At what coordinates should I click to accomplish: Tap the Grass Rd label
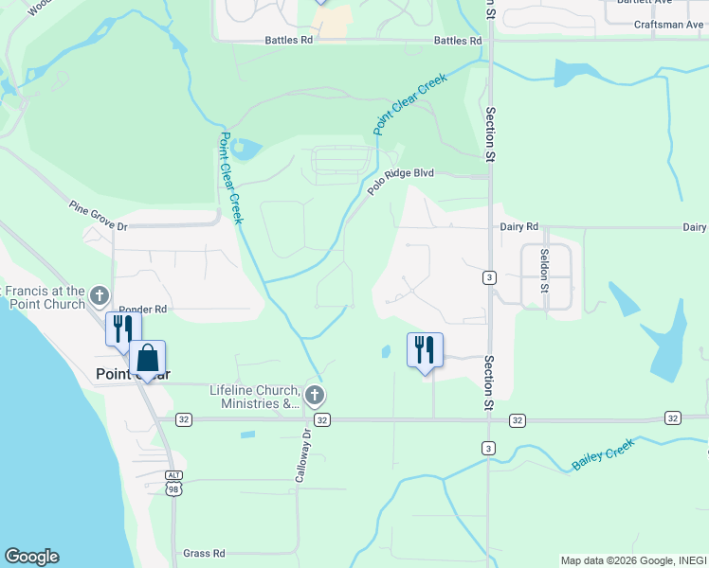coord(204,553)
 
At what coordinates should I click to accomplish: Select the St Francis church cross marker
coord(99,297)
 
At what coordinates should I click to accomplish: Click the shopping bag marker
coord(147,359)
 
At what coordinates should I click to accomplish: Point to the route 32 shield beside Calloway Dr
coord(322,419)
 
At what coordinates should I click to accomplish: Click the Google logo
coord(31,557)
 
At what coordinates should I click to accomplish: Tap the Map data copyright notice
coord(633,560)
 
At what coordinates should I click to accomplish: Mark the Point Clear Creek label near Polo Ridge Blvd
coord(410,104)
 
